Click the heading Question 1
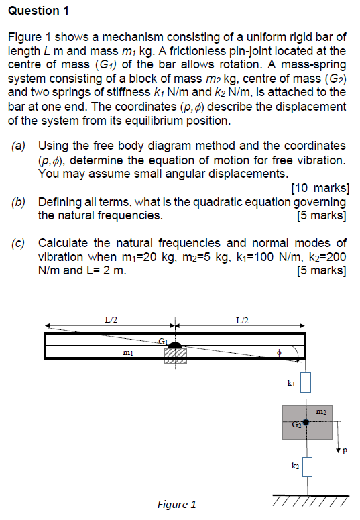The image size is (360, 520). coord(40,11)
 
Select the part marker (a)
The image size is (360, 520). coord(19,146)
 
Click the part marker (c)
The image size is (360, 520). coord(19,243)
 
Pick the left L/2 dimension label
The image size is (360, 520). coord(111,319)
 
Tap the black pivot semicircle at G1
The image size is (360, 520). coord(175,346)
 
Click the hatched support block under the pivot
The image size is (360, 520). coord(175,356)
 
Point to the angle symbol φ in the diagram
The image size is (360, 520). coord(280,351)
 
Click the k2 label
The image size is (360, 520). coord(295,464)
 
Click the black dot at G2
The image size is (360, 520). coord(306,423)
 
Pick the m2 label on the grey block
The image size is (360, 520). coord(320,410)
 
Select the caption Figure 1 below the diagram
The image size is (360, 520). coord(176,504)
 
